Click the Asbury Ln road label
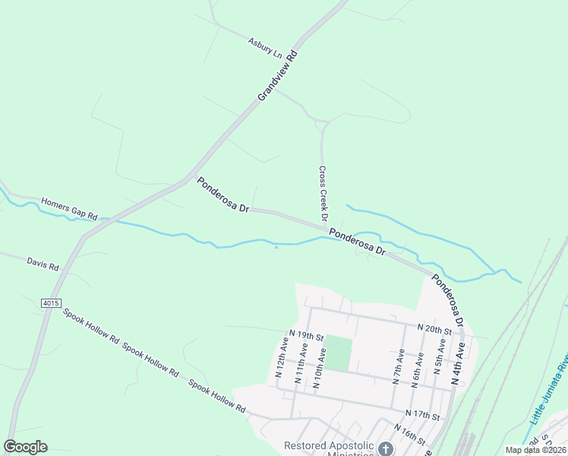tap(264, 46)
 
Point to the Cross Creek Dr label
tap(323, 195)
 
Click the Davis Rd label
tap(43, 264)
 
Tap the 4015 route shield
tap(51, 302)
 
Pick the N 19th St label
tap(306, 335)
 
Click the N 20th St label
tap(434, 328)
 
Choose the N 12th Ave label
tap(280, 360)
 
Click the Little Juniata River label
tap(549, 388)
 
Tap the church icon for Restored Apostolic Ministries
tap(386, 449)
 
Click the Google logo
tap(25, 447)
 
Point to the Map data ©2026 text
tap(535, 450)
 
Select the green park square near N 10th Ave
tap(341, 353)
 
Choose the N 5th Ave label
tap(440, 364)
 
